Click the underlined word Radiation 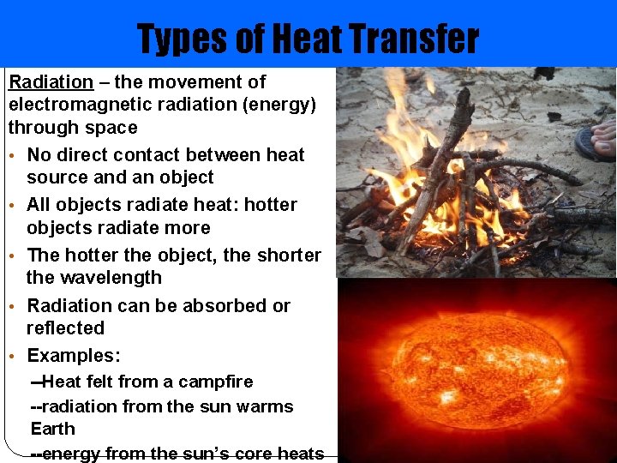click(51, 82)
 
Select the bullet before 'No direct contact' click(13, 156)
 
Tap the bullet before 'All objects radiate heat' click(13, 206)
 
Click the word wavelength click(93, 278)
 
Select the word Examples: click(74, 356)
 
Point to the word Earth click(53, 429)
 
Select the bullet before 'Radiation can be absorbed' click(13, 307)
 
